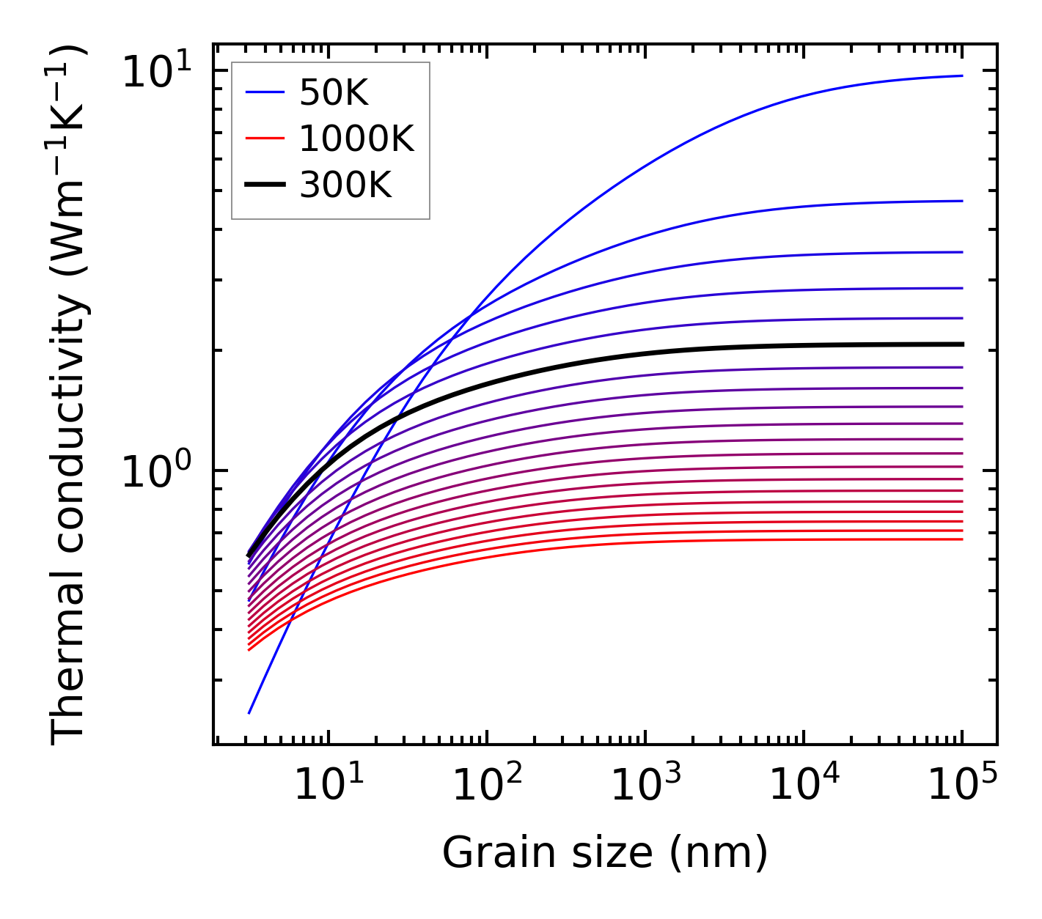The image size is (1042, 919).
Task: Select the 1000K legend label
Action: pos(356,139)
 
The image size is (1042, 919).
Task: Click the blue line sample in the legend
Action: pos(264,92)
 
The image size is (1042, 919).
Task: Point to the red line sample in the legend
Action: pos(264,139)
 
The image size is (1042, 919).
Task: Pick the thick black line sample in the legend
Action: pos(264,185)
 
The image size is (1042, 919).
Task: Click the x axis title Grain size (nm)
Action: pos(605,854)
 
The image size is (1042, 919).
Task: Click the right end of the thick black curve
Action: pos(961,344)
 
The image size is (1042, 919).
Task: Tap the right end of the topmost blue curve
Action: pos(961,75)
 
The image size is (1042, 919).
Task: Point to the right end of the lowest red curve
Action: pos(961,539)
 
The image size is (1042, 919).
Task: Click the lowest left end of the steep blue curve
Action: pos(249,712)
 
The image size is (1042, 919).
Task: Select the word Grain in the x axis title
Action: pos(485,854)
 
